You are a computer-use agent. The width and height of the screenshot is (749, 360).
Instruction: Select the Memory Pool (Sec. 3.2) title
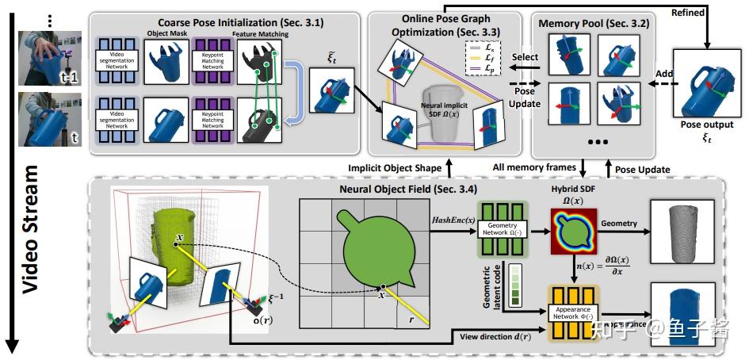coord(594,23)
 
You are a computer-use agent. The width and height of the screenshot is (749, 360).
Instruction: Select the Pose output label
coord(707,124)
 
